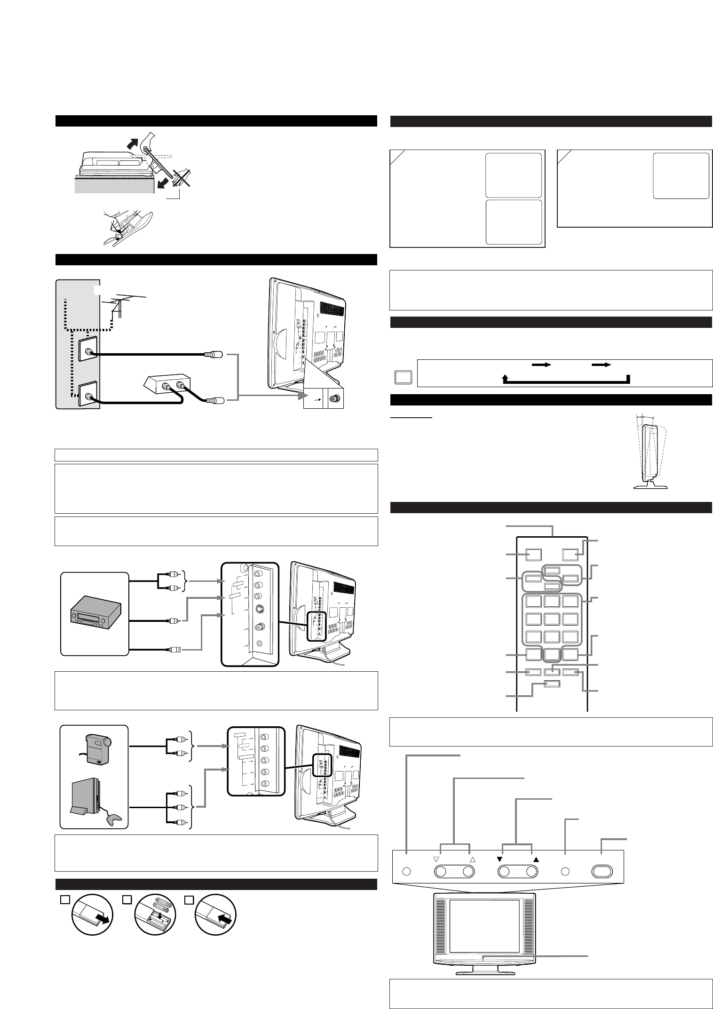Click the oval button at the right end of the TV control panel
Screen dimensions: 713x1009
tap(602, 871)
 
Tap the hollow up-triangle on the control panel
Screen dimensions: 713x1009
tap(473, 859)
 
